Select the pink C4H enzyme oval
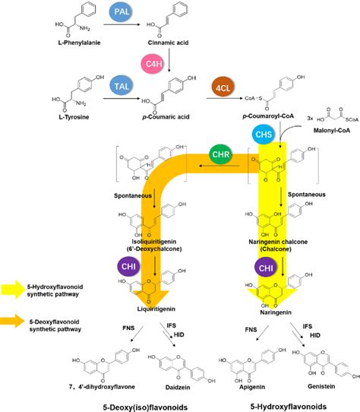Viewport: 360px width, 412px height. point(149,61)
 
